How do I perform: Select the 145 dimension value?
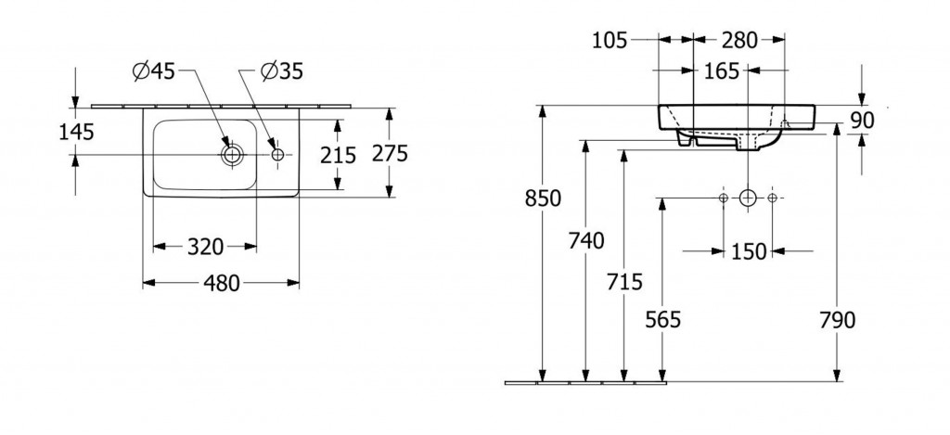click(x=75, y=133)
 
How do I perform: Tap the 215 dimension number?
click(x=338, y=155)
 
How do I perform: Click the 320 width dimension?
click(x=205, y=247)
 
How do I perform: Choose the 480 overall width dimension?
click(x=221, y=283)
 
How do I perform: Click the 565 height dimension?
click(x=661, y=320)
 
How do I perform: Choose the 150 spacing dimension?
click(x=749, y=251)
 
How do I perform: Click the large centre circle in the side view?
click(x=748, y=198)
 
